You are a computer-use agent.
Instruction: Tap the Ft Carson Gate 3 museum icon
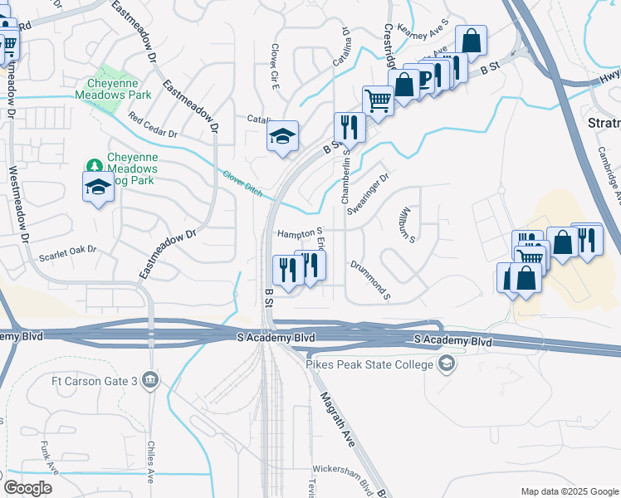pyautogui.click(x=151, y=381)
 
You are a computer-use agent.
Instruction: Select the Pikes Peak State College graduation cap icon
pyautogui.click(x=447, y=364)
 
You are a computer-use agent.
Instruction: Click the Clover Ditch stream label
pyautogui.click(x=242, y=183)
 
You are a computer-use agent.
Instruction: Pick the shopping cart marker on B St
pyautogui.click(x=378, y=100)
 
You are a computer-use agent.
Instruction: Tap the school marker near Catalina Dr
pyautogui.click(x=282, y=136)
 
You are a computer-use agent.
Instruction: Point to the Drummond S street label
pyautogui.click(x=370, y=278)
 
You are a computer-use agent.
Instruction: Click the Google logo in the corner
pyautogui.click(x=27, y=488)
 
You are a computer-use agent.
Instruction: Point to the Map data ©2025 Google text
pyautogui.click(x=569, y=491)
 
